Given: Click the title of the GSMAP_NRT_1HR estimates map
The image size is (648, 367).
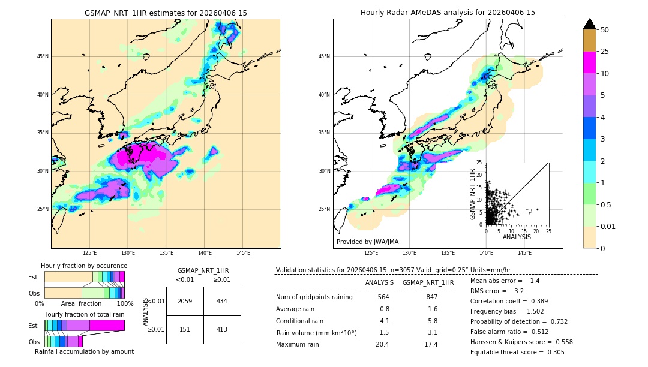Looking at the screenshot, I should tap(166, 13).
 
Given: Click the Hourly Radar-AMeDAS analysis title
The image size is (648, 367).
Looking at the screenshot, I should tap(448, 13).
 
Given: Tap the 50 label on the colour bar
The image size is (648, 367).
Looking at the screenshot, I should tap(605, 30).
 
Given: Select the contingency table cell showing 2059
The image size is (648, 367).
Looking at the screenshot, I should tap(185, 301).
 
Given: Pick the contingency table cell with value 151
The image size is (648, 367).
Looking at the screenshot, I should tap(185, 329).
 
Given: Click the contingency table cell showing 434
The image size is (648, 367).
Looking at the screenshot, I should tap(222, 301).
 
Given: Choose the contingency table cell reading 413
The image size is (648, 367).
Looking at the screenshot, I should tap(222, 329).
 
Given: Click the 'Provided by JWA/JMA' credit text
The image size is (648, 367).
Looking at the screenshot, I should tap(367, 242).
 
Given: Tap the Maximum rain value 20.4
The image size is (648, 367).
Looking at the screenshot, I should tap(382, 344).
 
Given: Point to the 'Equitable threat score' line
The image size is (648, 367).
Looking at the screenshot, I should tap(517, 352).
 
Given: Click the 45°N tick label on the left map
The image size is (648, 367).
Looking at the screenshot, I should tap(43, 56).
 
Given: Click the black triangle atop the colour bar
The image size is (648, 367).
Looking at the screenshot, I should tap(590, 24).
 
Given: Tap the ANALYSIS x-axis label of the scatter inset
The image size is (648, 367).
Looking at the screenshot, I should tap(517, 237).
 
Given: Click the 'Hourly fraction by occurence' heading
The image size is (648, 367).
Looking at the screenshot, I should tap(84, 266).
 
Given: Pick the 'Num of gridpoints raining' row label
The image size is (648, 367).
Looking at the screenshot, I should tap(314, 297).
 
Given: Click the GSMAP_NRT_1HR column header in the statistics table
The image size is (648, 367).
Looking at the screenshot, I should tap(428, 282).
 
